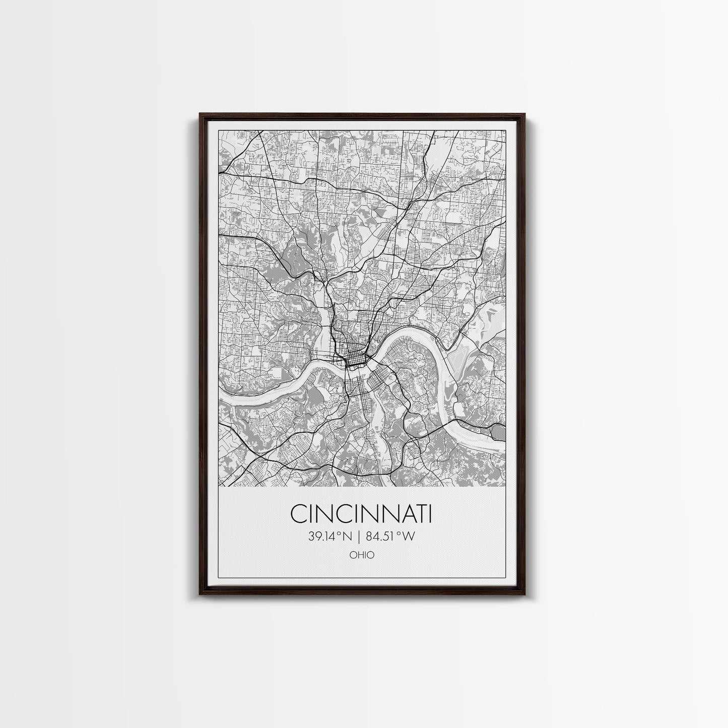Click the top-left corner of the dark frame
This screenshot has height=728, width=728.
point(200,114)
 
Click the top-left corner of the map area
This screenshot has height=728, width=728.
point(219,130)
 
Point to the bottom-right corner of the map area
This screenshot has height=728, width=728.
point(505,487)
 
